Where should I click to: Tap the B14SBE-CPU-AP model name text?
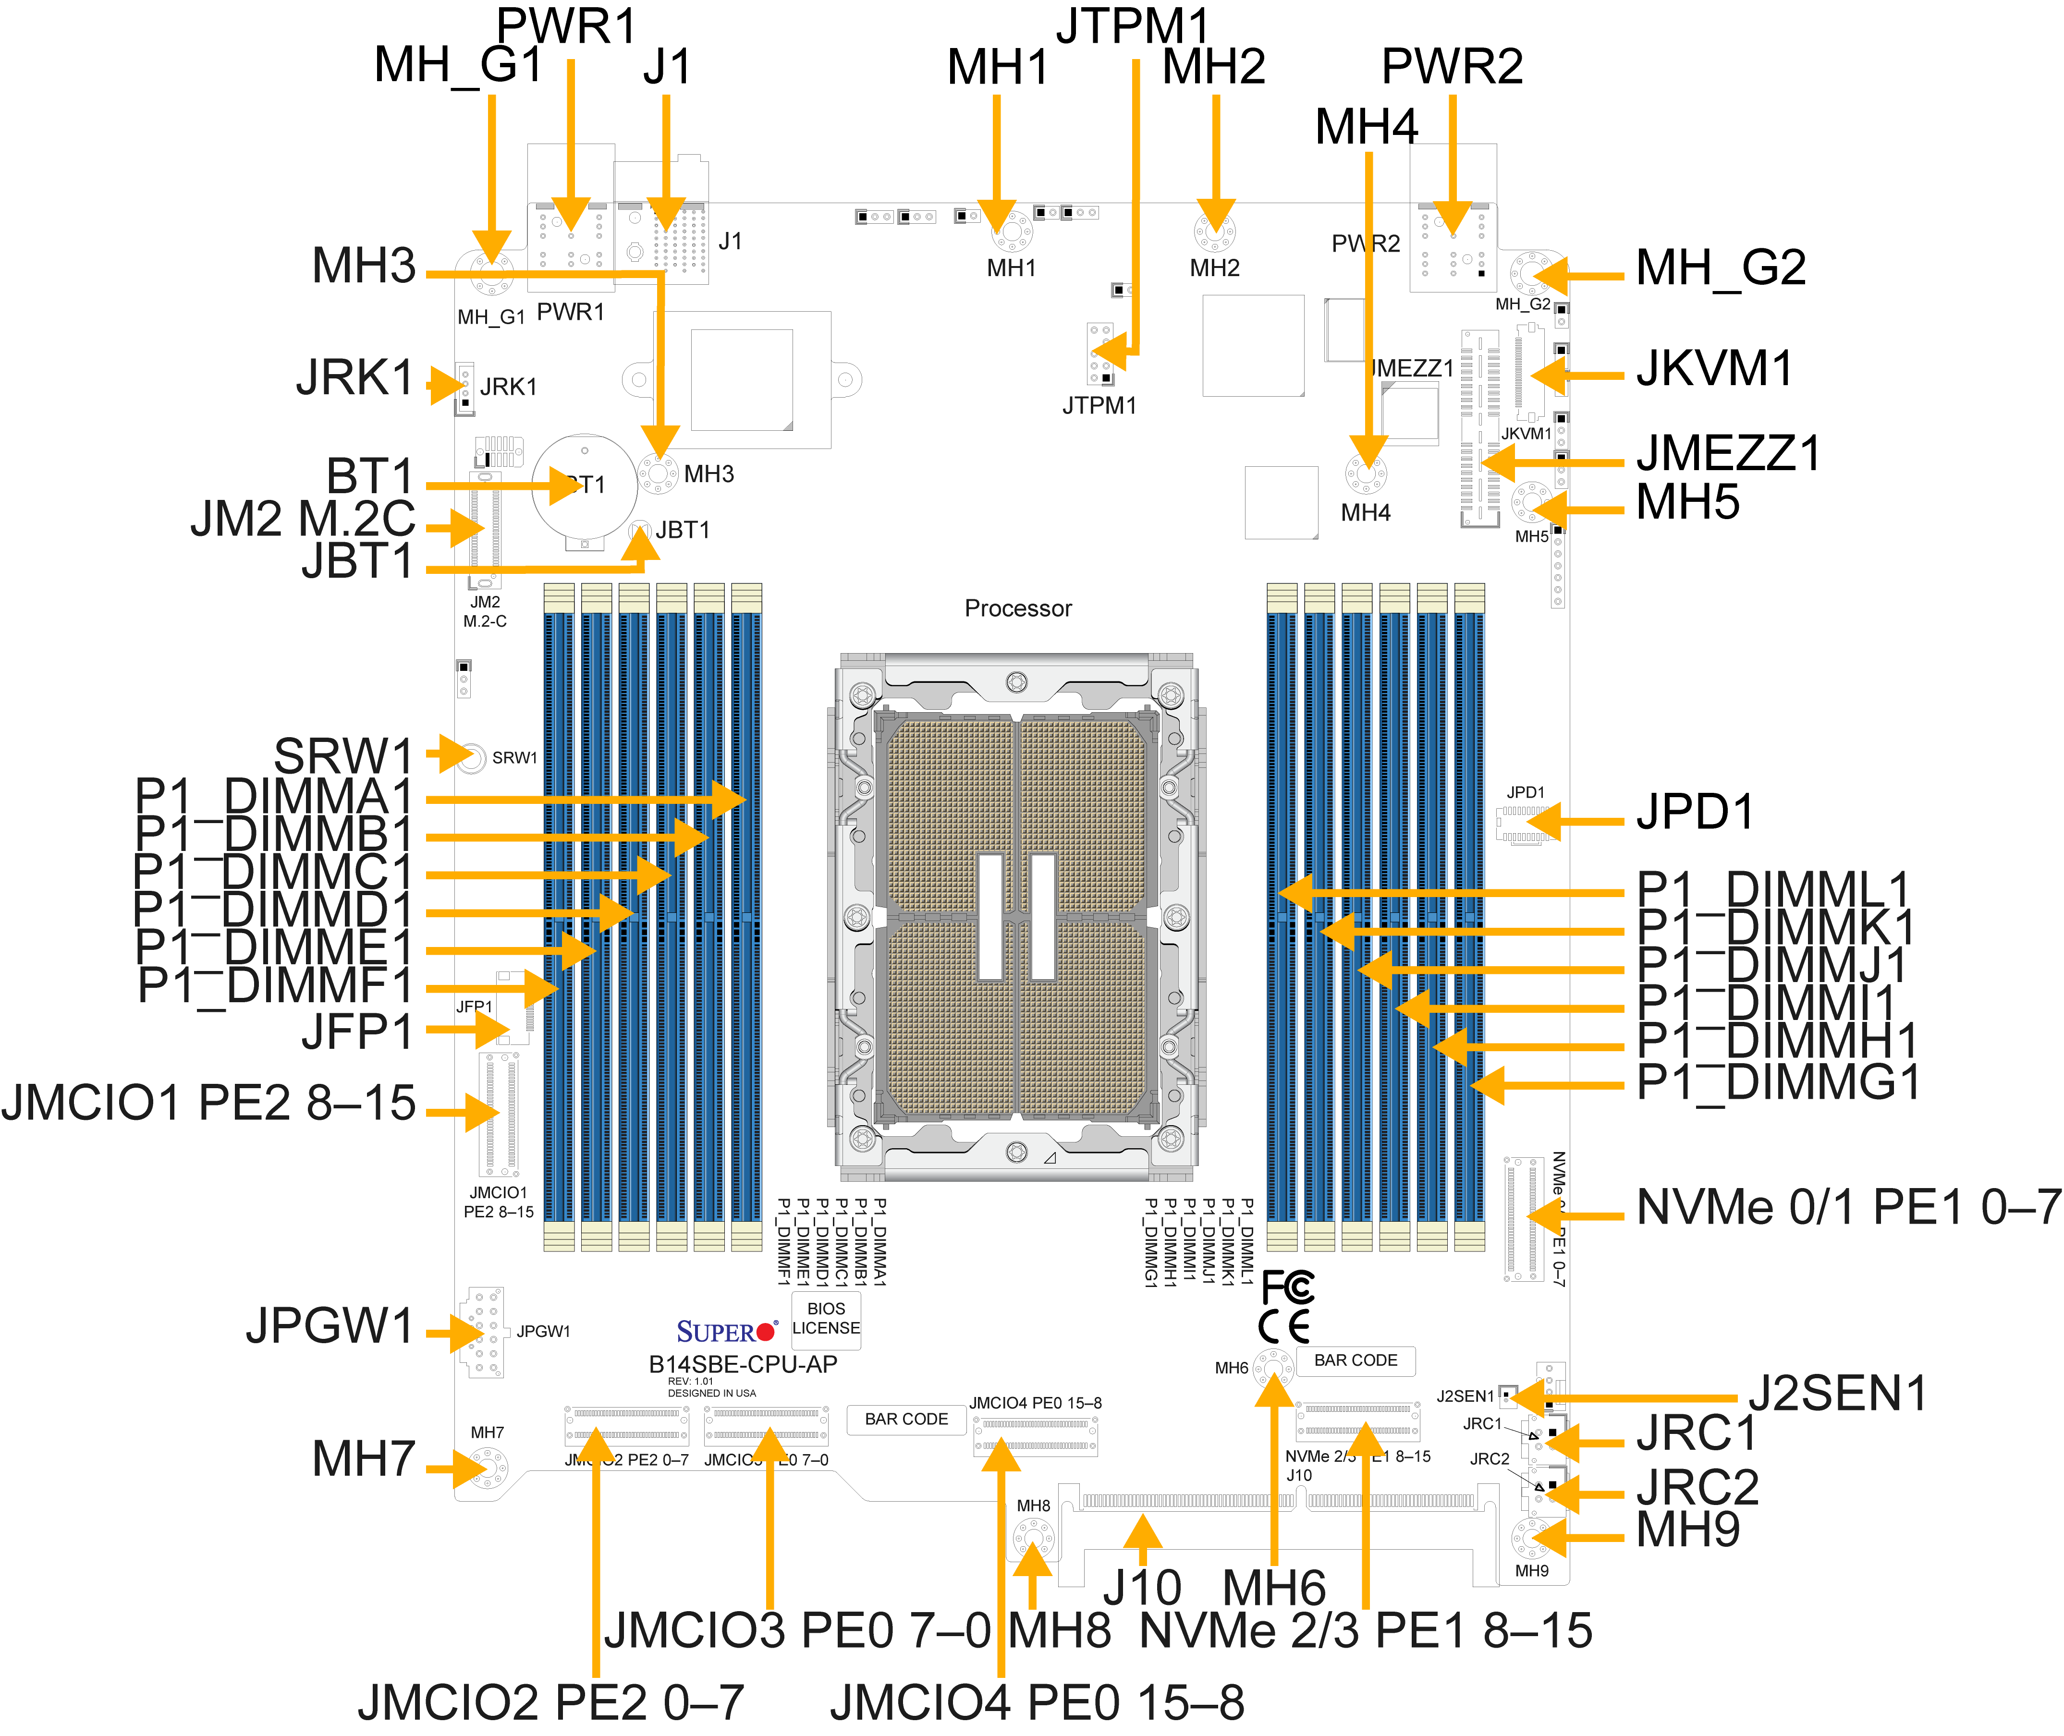point(743,1364)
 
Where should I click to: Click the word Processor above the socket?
point(1018,608)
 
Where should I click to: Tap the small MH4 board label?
point(1365,513)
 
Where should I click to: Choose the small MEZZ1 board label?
point(1415,368)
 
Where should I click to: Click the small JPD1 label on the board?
point(1525,792)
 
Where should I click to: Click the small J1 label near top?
point(730,241)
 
